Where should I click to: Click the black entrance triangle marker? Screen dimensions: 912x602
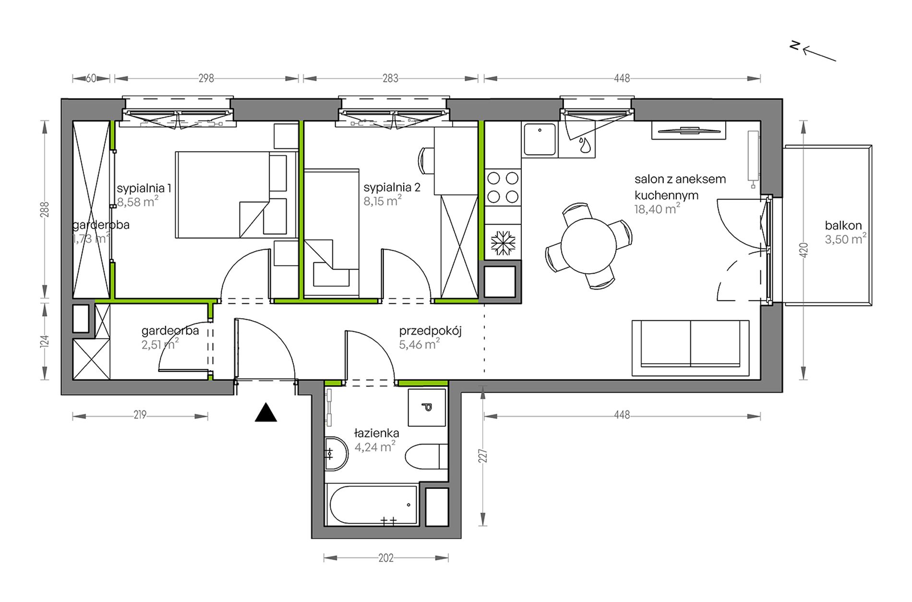click(x=265, y=413)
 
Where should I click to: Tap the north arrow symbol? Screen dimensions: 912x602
click(x=813, y=51)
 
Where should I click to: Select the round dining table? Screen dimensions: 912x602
click(x=588, y=246)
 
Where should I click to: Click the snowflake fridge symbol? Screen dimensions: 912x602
click(x=503, y=243)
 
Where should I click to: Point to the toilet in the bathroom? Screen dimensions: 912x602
click(x=426, y=457)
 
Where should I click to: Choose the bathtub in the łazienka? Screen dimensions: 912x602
click(x=372, y=505)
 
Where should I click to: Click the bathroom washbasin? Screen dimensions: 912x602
click(x=336, y=454)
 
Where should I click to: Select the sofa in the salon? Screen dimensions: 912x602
click(x=690, y=348)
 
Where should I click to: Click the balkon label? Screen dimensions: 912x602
click(x=843, y=225)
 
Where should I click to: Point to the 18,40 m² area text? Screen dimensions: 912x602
click(x=657, y=209)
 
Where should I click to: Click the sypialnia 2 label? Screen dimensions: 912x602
click(x=392, y=187)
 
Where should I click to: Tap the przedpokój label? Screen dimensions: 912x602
click(x=430, y=331)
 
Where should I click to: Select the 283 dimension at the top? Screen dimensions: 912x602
click(x=390, y=78)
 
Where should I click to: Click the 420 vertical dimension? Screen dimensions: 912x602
click(x=804, y=250)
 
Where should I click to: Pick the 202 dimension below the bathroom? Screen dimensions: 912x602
click(x=386, y=558)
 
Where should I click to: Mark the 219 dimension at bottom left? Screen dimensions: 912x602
click(x=140, y=415)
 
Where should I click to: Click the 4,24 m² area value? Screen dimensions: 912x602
click(x=375, y=447)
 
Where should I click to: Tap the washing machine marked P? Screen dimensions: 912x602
click(x=427, y=408)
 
